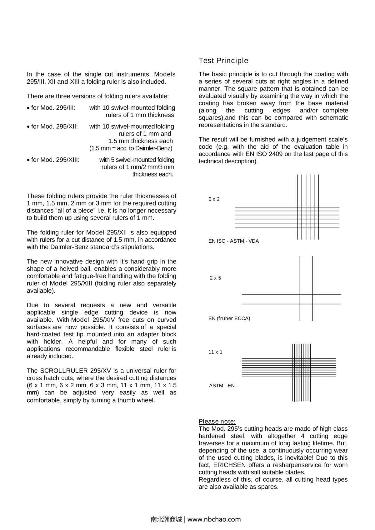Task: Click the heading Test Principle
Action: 223,61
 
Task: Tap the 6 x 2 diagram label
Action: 214,199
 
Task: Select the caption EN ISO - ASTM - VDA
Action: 233,241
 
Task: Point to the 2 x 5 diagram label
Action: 215,278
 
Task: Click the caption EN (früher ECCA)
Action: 229,319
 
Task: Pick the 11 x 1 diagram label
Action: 215,352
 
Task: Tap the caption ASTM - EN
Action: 222,386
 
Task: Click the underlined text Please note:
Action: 217,421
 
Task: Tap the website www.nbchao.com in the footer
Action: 214,519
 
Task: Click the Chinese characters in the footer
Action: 166,519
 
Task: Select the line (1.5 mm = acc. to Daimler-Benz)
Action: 131,148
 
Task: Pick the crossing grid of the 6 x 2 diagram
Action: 308,217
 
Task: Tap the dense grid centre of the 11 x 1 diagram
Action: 302,367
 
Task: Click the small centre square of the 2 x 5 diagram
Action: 306,299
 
